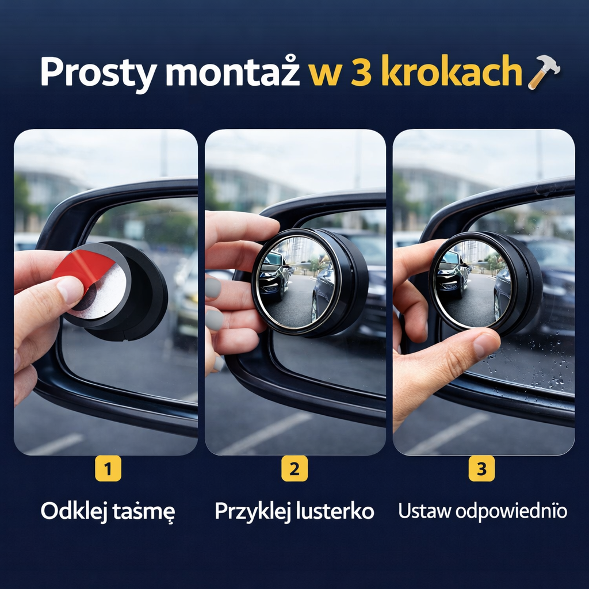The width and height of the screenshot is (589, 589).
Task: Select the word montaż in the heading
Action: point(232,71)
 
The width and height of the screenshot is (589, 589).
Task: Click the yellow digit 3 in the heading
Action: point(361,71)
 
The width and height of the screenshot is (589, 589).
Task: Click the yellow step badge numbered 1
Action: point(108,468)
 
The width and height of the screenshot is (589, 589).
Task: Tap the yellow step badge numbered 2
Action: point(294,468)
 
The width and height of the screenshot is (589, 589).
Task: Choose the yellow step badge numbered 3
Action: point(481,468)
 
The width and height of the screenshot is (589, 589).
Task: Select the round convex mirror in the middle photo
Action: point(296,282)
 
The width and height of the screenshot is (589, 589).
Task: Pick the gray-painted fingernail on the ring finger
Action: point(215,320)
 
